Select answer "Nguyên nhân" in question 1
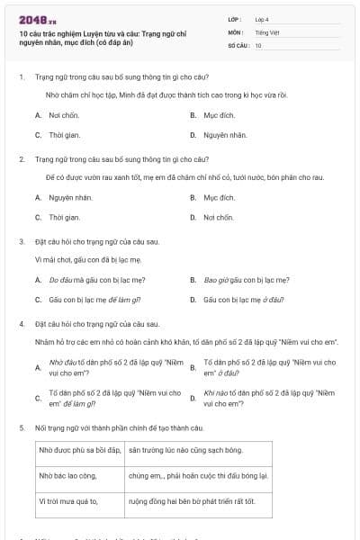click(x=224, y=135)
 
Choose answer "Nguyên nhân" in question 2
click(x=68, y=197)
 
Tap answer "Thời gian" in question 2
click(x=64, y=217)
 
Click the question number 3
click(x=21, y=241)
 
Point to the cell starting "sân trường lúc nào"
click(x=185, y=448)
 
